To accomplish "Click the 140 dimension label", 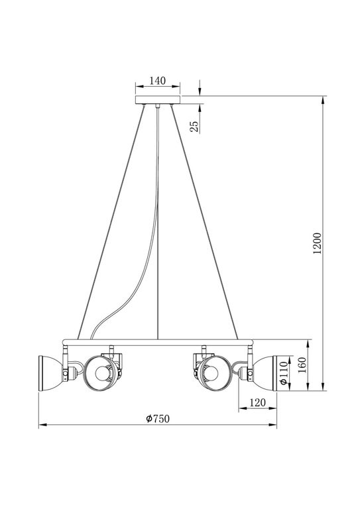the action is click(157, 80).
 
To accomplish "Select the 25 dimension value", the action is click(194, 127).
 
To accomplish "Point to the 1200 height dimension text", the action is click(317, 243).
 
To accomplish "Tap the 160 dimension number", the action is click(302, 365).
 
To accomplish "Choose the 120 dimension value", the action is click(257, 402).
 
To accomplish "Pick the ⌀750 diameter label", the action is click(158, 419).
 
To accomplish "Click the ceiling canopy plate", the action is click(157, 99).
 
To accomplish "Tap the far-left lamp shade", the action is click(50, 373).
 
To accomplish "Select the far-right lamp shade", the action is click(265, 373).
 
